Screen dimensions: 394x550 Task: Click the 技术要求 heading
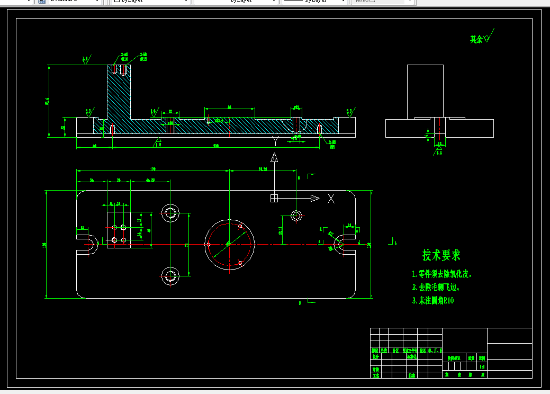(441, 255)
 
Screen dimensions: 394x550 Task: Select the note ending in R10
(433, 301)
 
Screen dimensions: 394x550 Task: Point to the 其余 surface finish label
(476, 39)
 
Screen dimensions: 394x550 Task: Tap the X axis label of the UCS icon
(331, 199)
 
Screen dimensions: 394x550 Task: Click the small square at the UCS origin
(274, 198)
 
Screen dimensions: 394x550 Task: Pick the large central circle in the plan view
(230, 244)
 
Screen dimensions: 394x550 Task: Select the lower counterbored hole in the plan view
(170, 275)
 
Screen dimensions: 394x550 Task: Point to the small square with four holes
(119, 230)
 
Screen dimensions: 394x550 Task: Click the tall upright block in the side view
(425, 91)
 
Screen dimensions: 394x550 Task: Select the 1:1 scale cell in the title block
(482, 366)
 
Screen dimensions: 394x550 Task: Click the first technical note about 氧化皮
(441, 274)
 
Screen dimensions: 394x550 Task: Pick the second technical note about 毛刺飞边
(436, 288)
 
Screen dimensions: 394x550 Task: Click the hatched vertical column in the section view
(119, 95)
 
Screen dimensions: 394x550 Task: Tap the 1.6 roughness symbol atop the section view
(85, 60)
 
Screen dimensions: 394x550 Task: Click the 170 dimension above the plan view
(153, 169)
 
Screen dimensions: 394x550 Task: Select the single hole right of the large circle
(296, 215)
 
